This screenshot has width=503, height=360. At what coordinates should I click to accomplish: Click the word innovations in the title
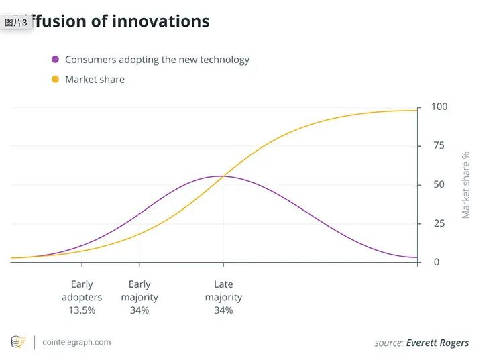(x=160, y=21)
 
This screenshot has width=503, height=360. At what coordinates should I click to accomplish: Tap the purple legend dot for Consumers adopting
(x=55, y=60)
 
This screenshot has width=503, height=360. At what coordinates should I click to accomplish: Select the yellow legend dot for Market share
(x=55, y=80)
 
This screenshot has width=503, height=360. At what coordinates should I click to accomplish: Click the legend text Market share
(x=95, y=80)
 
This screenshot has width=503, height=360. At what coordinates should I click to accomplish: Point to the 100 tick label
(x=439, y=107)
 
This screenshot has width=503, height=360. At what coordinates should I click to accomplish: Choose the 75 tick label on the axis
(x=439, y=145)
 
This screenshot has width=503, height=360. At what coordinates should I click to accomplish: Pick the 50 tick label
(x=439, y=184)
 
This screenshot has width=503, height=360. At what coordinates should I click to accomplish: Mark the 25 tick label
(x=439, y=223)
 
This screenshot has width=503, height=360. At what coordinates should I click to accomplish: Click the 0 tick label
(x=437, y=262)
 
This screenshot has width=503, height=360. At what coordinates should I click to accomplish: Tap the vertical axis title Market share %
(x=466, y=184)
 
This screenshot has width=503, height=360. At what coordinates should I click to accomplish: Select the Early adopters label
(x=82, y=291)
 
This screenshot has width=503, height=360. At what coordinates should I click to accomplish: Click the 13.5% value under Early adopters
(x=82, y=310)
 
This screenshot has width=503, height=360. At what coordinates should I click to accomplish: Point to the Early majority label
(x=139, y=291)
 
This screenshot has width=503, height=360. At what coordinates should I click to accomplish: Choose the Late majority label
(x=223, y=291)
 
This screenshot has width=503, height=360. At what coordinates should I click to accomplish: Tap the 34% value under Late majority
(x=223, y=310)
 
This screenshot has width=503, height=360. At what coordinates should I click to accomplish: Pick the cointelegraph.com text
(x=76, y=342)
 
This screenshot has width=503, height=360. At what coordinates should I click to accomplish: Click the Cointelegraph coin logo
(x=18, y=342)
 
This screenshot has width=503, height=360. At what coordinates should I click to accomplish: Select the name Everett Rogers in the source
(x=437, y=343)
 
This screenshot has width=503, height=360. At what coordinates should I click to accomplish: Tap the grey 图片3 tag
(x=16, y=23)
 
